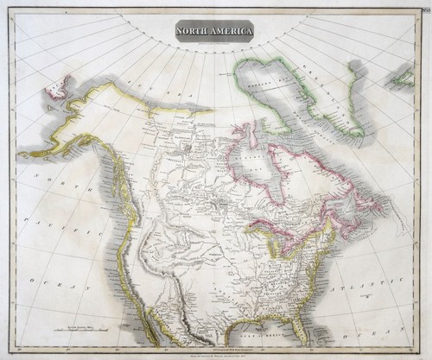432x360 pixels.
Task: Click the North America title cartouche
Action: (x=215, y=33)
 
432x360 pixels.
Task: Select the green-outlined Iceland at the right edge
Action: (x=399, y=79)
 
